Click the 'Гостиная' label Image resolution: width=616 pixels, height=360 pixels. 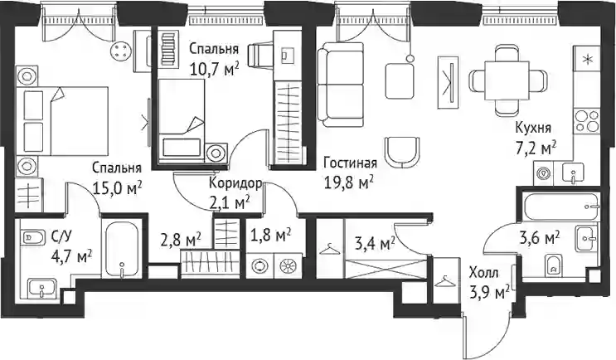tap(350, 163)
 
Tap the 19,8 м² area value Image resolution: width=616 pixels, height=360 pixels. tap(348, 182)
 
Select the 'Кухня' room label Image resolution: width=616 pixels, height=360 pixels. tap(533, 128)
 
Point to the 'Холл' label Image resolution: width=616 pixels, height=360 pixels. tap(483, 272)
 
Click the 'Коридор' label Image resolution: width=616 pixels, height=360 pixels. tap(235, 183)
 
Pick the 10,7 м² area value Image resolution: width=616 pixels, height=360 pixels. tap(215, 70)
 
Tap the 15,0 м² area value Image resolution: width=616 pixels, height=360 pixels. tap(117, 187)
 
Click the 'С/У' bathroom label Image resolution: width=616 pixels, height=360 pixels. tap(61, 237)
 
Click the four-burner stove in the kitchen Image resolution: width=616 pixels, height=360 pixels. tap(586, 120)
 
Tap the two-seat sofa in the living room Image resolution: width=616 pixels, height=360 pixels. tap(340, 85)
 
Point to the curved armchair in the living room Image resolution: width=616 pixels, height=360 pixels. tap(402, 151)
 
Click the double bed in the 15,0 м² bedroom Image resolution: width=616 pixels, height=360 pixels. tap(62, 120)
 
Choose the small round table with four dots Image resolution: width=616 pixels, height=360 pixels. tap(121, 50)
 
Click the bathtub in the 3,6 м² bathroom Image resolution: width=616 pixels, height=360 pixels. tap(561, 207)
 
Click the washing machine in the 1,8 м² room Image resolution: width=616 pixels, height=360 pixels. tap(259, 266)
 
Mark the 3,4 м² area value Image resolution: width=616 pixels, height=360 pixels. tap(374, 245)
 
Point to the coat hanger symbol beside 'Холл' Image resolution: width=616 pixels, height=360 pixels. tap(445, 280)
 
